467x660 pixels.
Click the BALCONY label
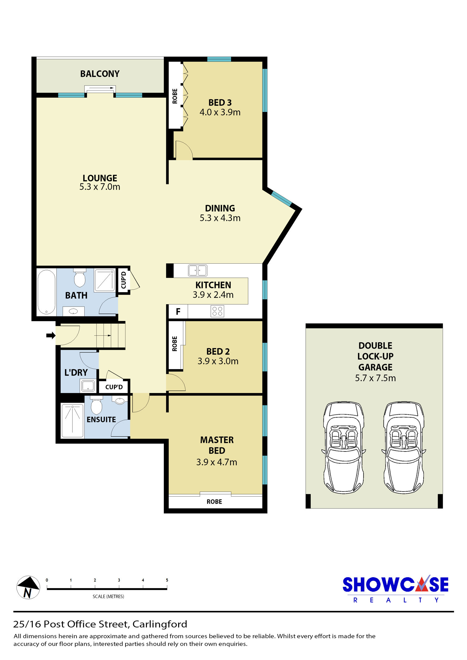[100, 74]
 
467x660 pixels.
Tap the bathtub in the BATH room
[46, 292]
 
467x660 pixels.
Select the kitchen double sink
[197, 270]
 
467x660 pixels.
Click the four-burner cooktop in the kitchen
[217, 311]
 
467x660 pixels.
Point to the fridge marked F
[178, 311]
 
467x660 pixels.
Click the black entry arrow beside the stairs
[51, 335]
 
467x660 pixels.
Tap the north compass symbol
[28, 587]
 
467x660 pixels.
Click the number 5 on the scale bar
[167, 580]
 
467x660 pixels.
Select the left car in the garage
[344, 447]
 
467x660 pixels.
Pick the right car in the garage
[404, 447]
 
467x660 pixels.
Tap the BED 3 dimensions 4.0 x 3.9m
[220, 112]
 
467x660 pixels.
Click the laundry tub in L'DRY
[88, 386]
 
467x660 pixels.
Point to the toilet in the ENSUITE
[97, 405]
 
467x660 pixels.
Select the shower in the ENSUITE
[73, 420]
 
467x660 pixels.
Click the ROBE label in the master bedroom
[215, 502]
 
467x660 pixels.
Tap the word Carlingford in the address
[160, 624]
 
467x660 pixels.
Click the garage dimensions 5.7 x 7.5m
[375, 378]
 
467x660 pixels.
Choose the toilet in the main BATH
[80, 278]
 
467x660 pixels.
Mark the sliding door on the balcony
[100, 89]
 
